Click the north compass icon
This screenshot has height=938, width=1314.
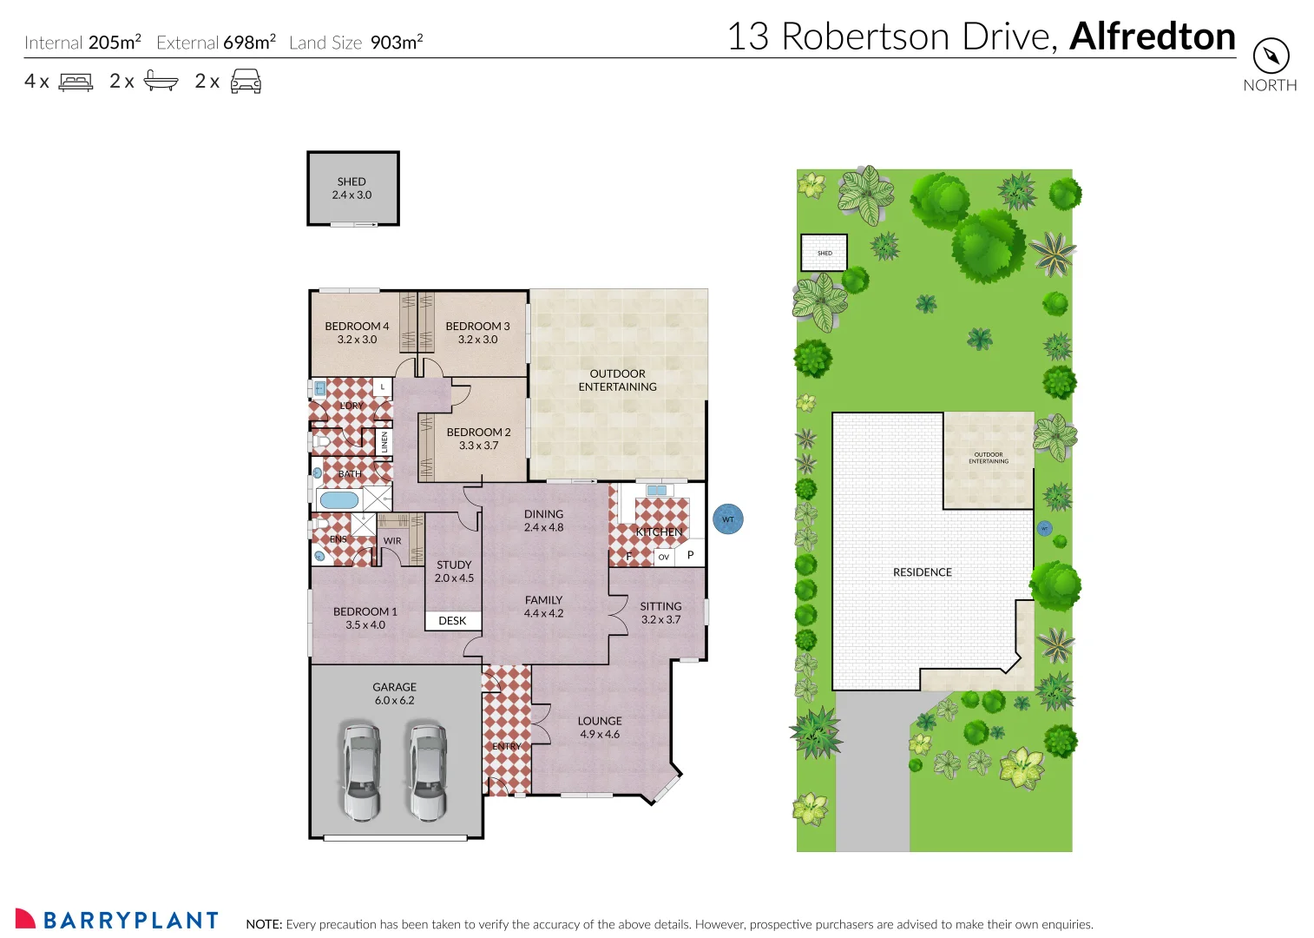pyautogui.click(x=1271, y=56)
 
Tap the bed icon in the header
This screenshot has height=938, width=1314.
pyautogui.click(x=76, y=83)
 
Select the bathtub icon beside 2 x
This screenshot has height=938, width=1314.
pyautogui.click(x=161, y=81)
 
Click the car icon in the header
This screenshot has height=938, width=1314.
pyautogui.click(x=246, y=82)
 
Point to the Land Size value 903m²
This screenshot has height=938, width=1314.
pyautogui.click(x=397, y=43)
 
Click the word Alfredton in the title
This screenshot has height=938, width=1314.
pyautogui.click(x=1152, y=36)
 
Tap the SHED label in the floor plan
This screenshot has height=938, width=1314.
pyautogui.click(x=351, y=182)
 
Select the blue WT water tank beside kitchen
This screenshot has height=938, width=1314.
pyautogui.click(x=727, y=519)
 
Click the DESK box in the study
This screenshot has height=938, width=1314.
pyautogui.click(x=452, y=621)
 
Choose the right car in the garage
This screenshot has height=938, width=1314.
pyautogui.click(x=428, y=772)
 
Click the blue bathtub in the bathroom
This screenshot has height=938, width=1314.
pyautogui.click(x=338, y=500)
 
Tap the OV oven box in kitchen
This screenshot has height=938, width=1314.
pyautogui.click(x=664, y=557)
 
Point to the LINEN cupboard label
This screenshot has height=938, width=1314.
pyautogui.click(x=384, y=442)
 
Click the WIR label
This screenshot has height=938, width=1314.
pyautogui.click(x=392, y=541)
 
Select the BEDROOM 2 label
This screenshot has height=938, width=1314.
pyautogui.click(x=478, y=432)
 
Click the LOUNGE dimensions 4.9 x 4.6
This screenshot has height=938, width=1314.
pyautogui.click(x=600, y=735)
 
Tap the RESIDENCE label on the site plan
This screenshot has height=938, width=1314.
pyautogui.click(x=922, y=572)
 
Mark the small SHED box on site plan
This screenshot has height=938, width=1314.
pyautogui.click(x=824, y=253)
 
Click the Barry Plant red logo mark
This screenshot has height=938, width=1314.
pyautogui.click(x=25, y=919)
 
